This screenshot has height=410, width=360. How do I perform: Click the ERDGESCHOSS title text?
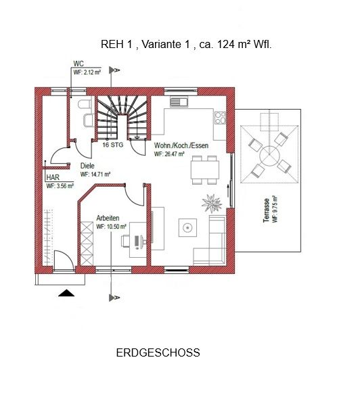pyautogui.click(x=158, y=352)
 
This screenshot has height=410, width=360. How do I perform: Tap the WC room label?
pyautogui.click(x=78, y=64)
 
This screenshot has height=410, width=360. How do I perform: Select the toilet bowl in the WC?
pyautogui.click(x=85, y=104)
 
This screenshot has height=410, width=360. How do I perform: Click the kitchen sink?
pyautogui.click(x=179, y=101)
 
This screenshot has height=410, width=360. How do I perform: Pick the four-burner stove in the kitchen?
pyautogui.click(x=220, y=118)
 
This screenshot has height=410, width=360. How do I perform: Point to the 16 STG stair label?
pyautogui.click(x=113, y=145)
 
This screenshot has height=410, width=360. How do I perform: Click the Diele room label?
pyautogui.click(x=87, y=166)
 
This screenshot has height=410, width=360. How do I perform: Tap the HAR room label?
pyautogui.click(x=53, y=177)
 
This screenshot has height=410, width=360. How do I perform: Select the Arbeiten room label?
pyautogui.click(x=108, y=218)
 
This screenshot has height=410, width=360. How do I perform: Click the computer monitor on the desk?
pyautogui.click(x=137, y=242)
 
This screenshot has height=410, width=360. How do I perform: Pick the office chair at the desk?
pyautogui.click(x=125, y=241)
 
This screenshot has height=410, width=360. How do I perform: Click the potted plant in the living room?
pyautogui.click(x=212, y=203)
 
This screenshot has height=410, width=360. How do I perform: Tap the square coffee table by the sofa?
pyautogui.click(x=187, y=228)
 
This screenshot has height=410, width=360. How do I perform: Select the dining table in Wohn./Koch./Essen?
pyautogui.click(x=205, y=170)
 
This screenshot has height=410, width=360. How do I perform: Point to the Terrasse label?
pyautogui.click(x=267, y=210)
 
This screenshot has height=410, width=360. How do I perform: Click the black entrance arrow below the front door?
pyautogui.click(x=66, y=293)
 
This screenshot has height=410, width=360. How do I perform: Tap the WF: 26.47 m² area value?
pyautogui.click(x=169, y=154)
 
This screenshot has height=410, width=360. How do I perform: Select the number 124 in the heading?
pyautogui.click(x=226, y=44)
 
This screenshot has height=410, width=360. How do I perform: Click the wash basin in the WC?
pyautogui.click(x=89, y=120)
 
